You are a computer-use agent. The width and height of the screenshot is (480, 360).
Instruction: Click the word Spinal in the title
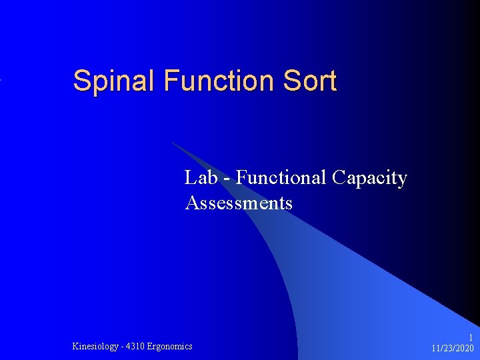pyautogui.click(x=115, y=81)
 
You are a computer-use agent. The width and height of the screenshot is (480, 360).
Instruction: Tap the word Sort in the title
pyautogui.click(x=310, y=81)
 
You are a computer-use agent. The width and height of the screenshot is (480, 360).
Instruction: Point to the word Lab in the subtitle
pyautogui.click(x=201, y=178)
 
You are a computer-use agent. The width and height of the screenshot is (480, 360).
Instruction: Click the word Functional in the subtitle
pyautogui.click(x=280, y=178)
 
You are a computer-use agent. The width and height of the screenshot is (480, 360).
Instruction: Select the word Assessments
pyautogui.click(x=239, y=203)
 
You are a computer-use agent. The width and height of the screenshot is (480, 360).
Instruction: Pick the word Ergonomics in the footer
pyautogui.click(x=170, y=346)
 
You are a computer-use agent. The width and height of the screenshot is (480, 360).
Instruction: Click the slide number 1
pyautogui.click(x=471, y=337)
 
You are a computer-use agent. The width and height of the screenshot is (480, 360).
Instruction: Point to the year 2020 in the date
pyautogui.click(x=464, y=348)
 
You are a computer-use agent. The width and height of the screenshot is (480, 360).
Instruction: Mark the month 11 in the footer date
pyautogui.click(x=436, y=348)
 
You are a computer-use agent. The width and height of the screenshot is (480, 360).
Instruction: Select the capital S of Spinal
pyautogui.click(x=81, y=81)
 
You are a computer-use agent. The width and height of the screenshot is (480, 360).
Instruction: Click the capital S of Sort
pyautogui.click(x=291, y=81)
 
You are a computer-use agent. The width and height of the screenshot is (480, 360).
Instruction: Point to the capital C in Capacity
pyautogui.click(x=338, y=178)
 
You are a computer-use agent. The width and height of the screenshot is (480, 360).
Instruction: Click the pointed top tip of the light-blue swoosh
pyautogui.click(x=173, y=142)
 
